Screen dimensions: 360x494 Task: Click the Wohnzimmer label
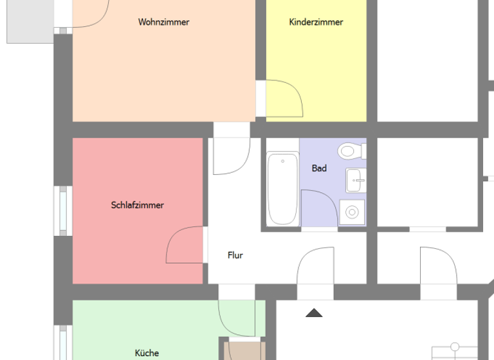[x=163, y=22]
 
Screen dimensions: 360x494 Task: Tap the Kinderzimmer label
[x=316, y=22]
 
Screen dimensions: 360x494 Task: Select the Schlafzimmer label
[x=137, y=205]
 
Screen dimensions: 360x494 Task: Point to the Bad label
[x=319, y=168]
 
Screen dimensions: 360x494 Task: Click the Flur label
[x=235, y=255]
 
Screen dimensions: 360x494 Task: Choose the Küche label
[x=147, y=352]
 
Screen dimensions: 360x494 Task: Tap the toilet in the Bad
[x=350, y=151]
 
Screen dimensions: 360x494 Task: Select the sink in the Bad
[x=355, y=180]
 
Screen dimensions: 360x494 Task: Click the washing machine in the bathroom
[x=352, y=211]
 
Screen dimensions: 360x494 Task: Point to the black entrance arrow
[x=314, y=313]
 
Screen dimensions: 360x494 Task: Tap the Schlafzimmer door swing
[x=185, y=246]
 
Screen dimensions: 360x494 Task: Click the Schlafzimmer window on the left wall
[x=64, y=211]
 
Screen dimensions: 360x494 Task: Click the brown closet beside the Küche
[x=244, y=351]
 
